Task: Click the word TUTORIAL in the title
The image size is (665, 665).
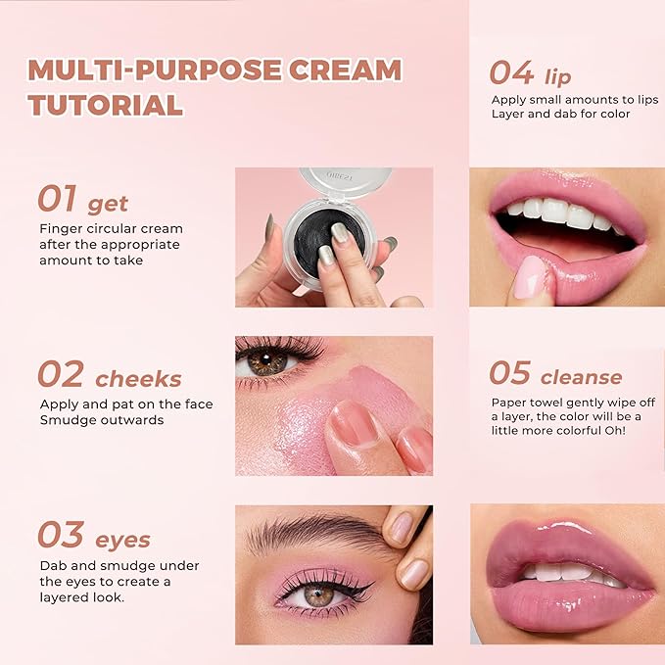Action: coord(106,105)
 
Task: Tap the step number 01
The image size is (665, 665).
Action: coord(57,199)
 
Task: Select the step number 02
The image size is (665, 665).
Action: coord(60,374)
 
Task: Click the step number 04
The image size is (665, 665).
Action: coord(511,72)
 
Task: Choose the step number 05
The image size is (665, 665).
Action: coord(509,373)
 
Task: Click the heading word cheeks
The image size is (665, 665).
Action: coord(140,379)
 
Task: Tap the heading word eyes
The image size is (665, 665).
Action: coord(122,540)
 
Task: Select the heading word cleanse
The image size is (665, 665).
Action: coord(581,377)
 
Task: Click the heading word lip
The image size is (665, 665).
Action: coord(558,76)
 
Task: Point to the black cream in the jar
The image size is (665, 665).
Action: coord(328,235)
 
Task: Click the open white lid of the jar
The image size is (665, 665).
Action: coord(344,180)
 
